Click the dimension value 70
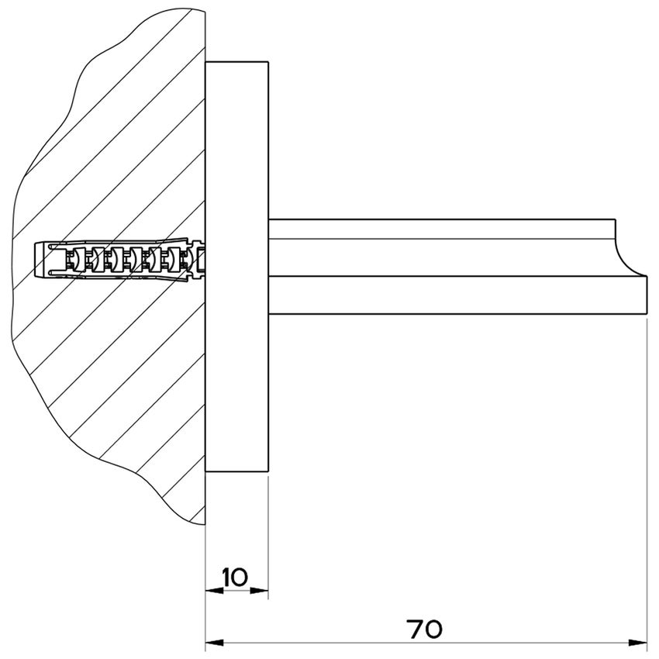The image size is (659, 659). [424, 629]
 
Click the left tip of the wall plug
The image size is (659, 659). [37, 260]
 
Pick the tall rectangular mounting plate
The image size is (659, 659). [236, 267]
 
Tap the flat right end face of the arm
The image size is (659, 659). [647, 295]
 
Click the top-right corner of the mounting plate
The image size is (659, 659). [268, 61]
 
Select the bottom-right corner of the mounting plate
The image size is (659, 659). [268, 473]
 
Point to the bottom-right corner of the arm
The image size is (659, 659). [647, 313]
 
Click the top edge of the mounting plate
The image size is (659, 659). [236, 61]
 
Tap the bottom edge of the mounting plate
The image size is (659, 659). [236, 473]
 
